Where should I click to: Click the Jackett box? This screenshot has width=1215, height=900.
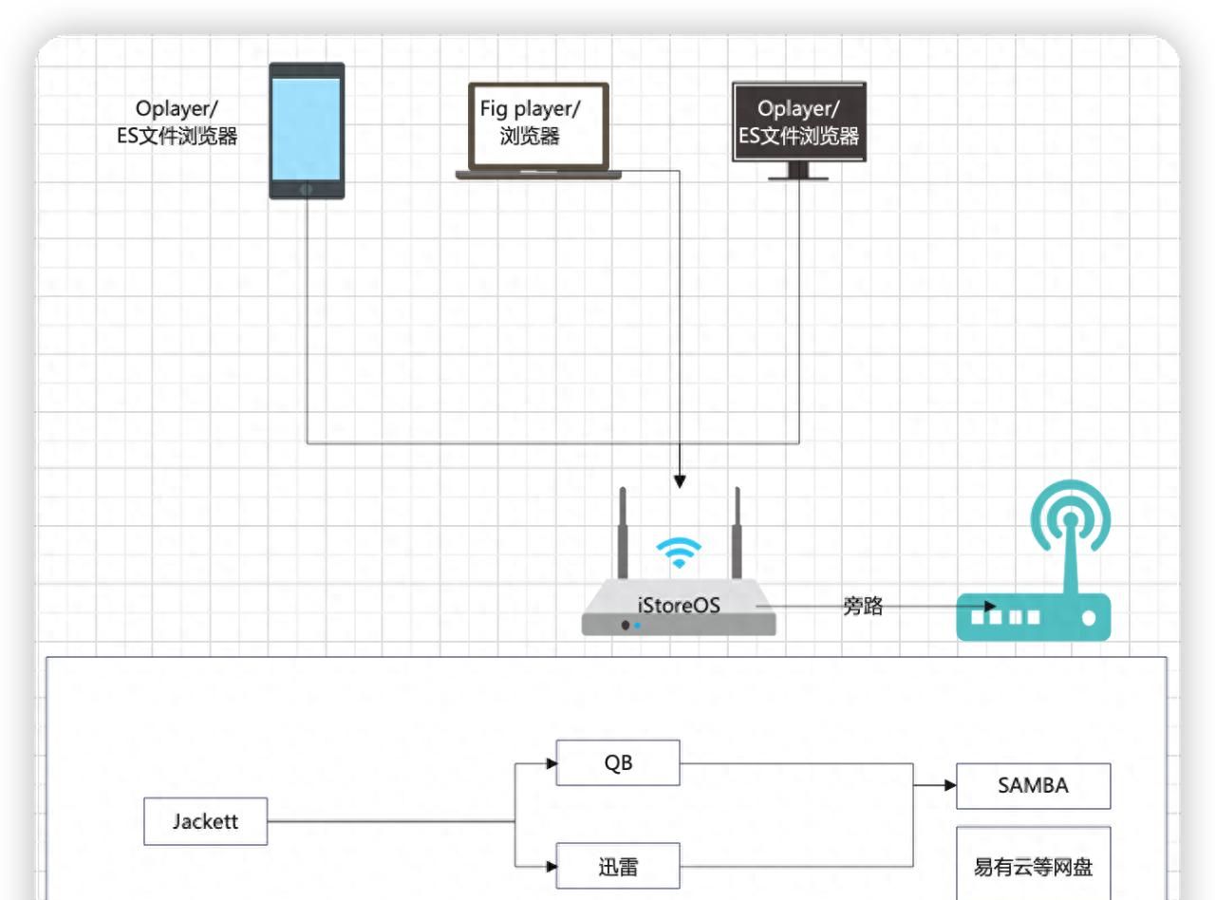[205, 821]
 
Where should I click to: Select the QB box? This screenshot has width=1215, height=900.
[618, 763]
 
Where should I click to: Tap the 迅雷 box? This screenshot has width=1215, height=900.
[618, 866]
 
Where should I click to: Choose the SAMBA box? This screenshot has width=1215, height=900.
[1033, 786]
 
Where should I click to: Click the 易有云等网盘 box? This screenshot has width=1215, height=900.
[1033, 866]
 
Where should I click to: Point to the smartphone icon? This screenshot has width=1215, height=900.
[307, 131]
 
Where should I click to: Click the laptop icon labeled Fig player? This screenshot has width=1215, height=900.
[538, 130]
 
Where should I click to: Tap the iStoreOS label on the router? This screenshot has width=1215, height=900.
[679, 605]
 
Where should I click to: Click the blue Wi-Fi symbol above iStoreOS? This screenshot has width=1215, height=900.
[680, 552]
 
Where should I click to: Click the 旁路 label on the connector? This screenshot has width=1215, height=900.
[863, 607]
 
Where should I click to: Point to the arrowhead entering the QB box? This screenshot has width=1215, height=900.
[551, 763]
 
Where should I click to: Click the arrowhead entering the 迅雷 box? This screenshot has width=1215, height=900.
[551, 866]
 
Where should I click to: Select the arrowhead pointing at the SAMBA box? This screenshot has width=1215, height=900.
[949, 786]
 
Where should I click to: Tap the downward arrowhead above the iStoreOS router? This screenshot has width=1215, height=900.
[679, 481]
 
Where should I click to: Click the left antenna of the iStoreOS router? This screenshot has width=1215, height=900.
[623, 532]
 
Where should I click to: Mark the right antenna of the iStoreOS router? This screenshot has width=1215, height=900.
[737, 532]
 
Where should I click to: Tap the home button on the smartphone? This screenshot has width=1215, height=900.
[307, 190]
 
